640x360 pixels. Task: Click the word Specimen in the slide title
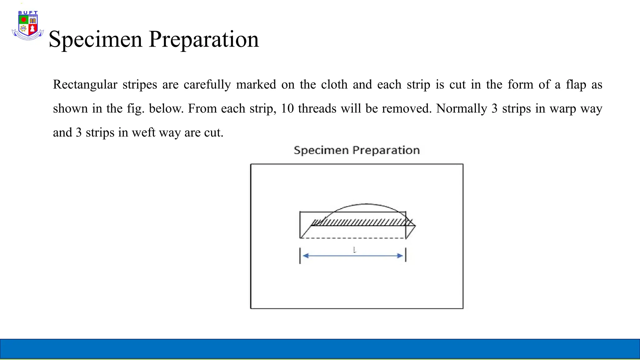point(95,39)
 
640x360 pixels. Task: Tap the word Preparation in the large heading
point(204,39)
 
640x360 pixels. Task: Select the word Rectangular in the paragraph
point(85,85)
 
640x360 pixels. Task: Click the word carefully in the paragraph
point(207,85)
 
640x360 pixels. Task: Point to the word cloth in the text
point(334,85)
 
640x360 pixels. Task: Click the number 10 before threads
point(287,109)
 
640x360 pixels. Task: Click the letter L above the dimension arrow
point(354,250)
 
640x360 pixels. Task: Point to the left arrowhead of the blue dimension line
point(306,256)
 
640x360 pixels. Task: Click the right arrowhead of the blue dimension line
point(400,256)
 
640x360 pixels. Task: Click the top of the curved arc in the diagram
point(366,204)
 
